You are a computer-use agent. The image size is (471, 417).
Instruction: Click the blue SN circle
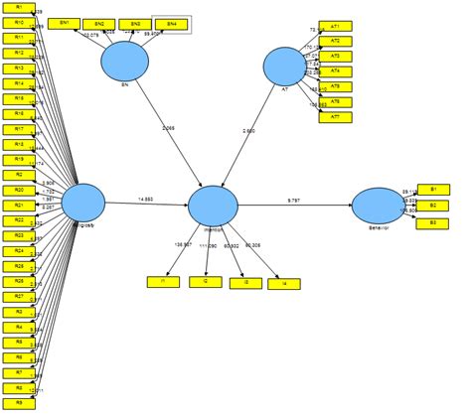[x=125, y=62]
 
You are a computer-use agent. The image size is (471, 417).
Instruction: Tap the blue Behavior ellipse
[x=377, y=206]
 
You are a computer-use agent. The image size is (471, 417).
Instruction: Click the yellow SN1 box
[x=65, y=22]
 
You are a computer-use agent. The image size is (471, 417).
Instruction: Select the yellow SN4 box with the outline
[x=170, y=22]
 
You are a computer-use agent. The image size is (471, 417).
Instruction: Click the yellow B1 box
[x=433, y=188]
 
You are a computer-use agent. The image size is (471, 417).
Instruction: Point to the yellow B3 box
[x=433, y=222]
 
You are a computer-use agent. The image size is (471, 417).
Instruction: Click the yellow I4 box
[x=285, y=283]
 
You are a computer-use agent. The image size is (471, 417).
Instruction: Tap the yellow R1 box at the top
[x=19, y=7]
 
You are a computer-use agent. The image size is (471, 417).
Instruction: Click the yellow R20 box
[x=19, y=190]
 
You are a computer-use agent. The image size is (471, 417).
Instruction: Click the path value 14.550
[x=145, y=201]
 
